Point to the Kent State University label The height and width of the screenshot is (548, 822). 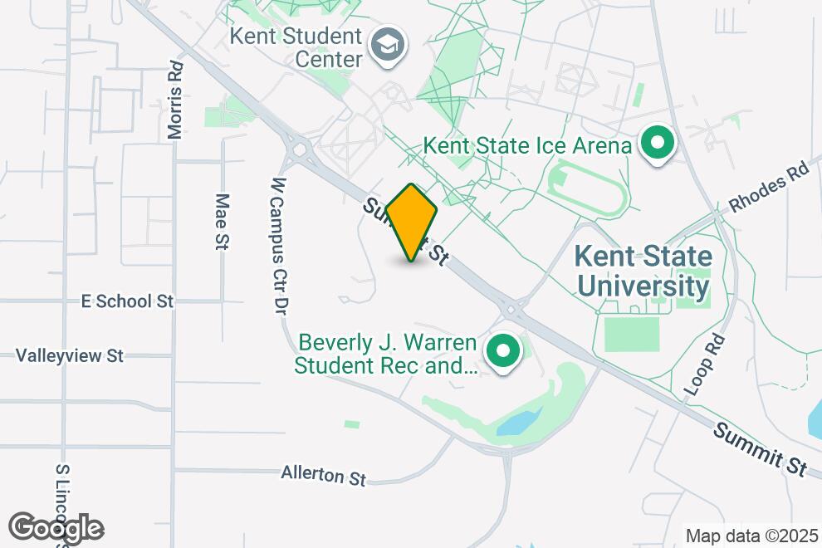[x=643, y=272]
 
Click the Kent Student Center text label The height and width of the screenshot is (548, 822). [x=296, y=48]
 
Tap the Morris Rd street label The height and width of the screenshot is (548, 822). [x=174, y=100]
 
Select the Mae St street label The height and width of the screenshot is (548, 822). [x=222, y=222]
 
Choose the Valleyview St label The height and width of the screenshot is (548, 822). [x=70, y=355]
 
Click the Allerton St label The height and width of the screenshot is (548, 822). [x=324, y=475]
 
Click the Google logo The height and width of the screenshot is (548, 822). [x=56, y=527]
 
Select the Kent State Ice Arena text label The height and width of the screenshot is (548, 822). [x=527, y=146]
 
